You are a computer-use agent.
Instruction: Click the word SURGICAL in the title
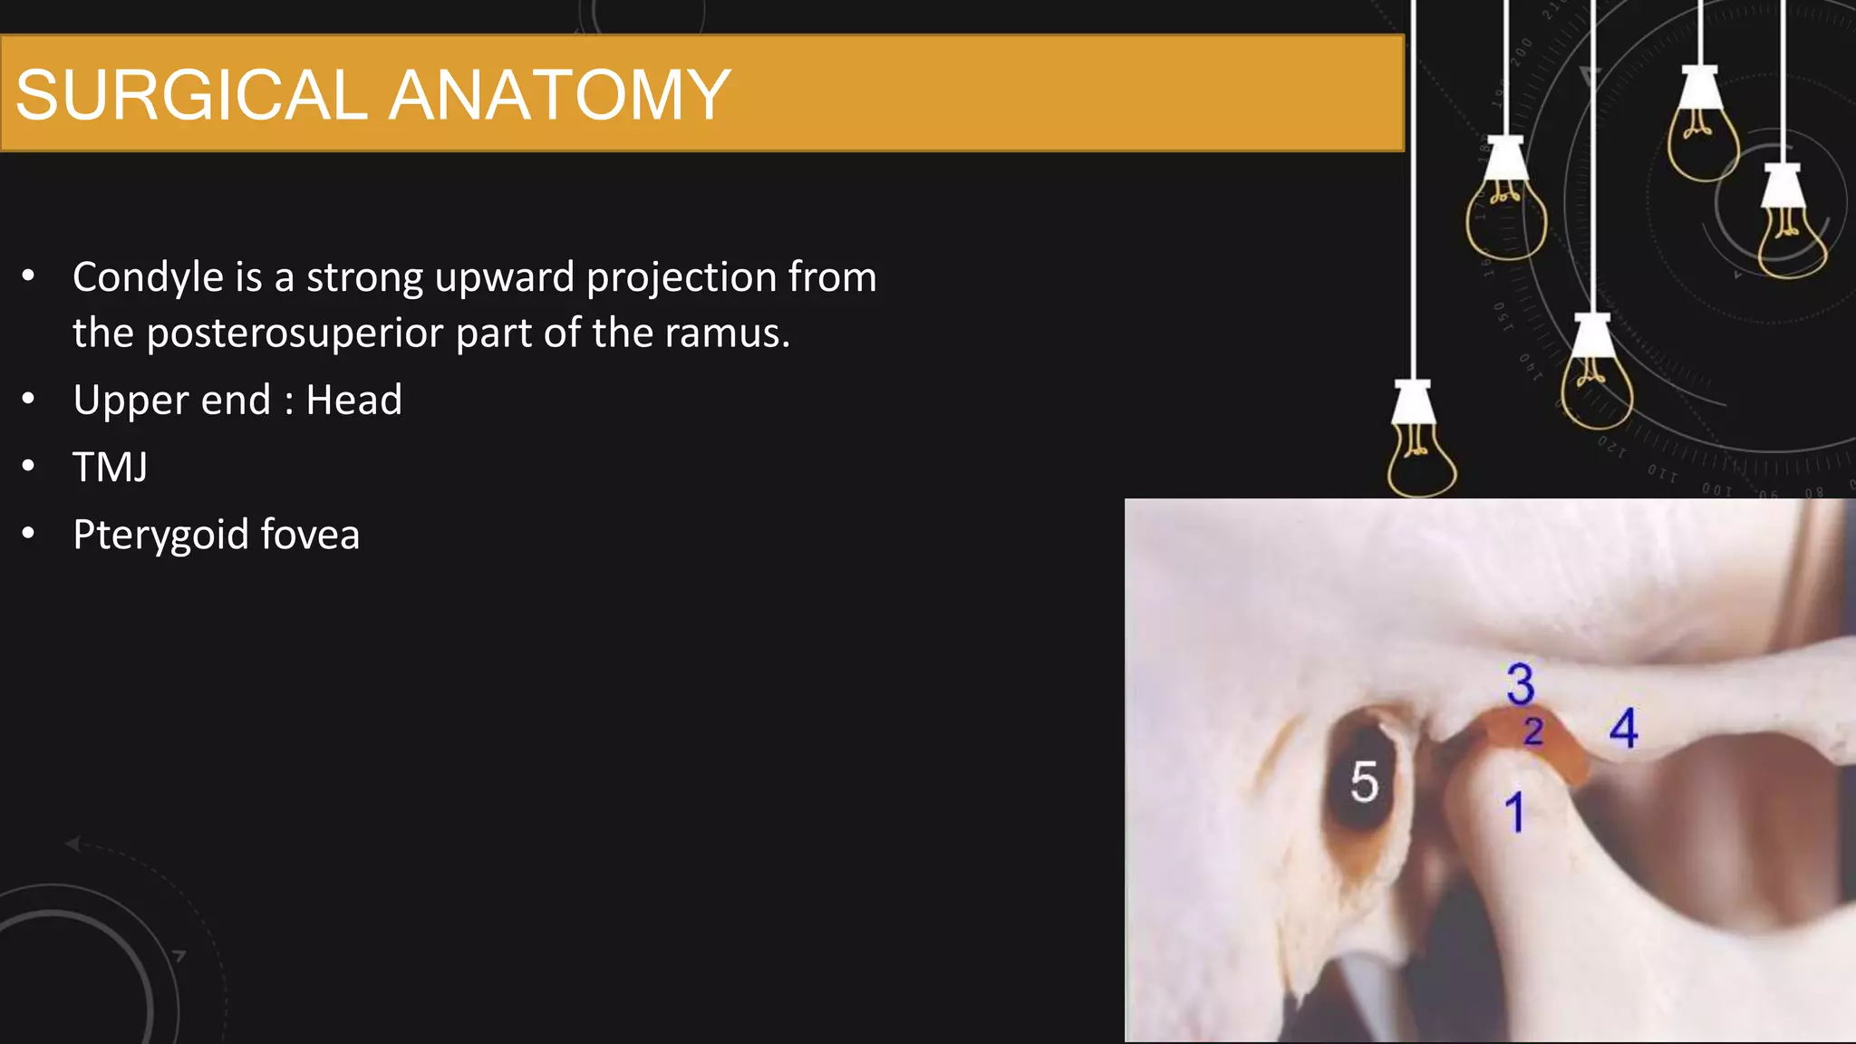tap(190, 95)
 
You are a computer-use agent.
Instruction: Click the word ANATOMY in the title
tap(559, 95)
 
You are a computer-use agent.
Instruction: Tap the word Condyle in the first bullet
tap(148, 277)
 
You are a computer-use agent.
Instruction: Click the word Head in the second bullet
tap(353, 401)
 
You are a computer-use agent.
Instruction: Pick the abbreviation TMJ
tap(110, 468)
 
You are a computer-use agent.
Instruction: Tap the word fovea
tap(310, 535)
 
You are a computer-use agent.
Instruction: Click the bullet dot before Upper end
tap(29, 399)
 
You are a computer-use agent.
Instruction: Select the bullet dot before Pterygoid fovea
tap(29, 534)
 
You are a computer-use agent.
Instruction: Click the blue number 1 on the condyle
tap(1513, 812)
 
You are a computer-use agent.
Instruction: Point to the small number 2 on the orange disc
tap(1533, 730)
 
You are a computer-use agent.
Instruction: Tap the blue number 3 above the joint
tap(1521, 683)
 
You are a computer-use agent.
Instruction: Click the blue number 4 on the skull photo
tap(1623, 728)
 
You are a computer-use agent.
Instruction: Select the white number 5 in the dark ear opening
tap(1364, 781)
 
